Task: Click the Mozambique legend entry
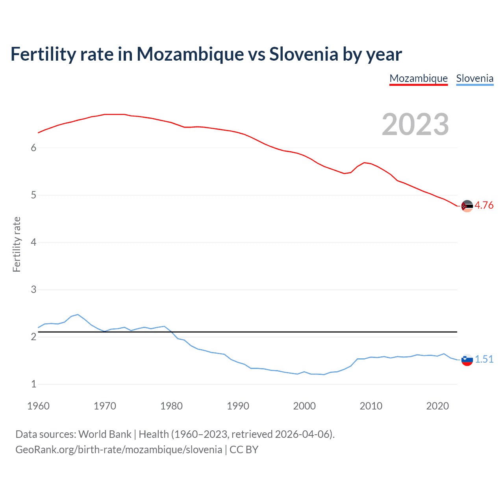[419, 78]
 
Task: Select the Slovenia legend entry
[474, 78]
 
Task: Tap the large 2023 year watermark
[415, 124]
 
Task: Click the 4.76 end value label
[484, 205]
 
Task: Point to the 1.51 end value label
[484, 359]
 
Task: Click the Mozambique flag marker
[467, 206]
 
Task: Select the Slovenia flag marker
[467, 359]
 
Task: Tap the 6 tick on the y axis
[33, 148]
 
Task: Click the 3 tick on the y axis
[33, 289]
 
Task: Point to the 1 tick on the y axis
[33, 384]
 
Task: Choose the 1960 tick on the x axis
[38, 406]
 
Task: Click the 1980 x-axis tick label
[171, 406]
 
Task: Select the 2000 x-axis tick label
[304, 406]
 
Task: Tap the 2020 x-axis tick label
[437, 406]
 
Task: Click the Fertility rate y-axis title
[17, 244]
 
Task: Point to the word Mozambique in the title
[190, 54]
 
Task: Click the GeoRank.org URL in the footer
[119, 450]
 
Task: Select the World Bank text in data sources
[105, 434]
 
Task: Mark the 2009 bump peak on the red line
[365, 162]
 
